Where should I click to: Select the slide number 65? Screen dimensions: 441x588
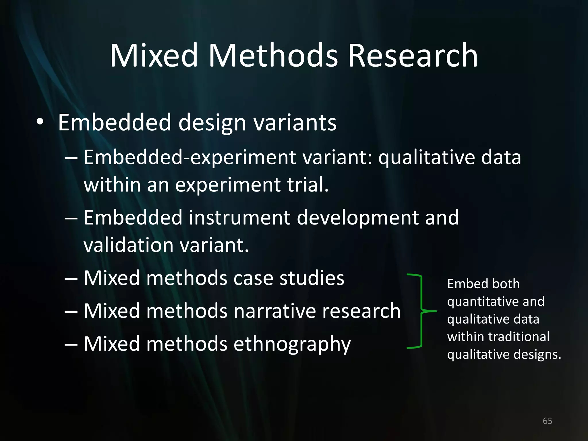coord(547,421)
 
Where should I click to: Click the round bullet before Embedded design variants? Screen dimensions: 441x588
coord(40,122)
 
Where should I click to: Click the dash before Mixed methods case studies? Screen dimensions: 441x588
coord(71,278)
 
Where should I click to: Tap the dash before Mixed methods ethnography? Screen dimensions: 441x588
coord(71,344)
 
